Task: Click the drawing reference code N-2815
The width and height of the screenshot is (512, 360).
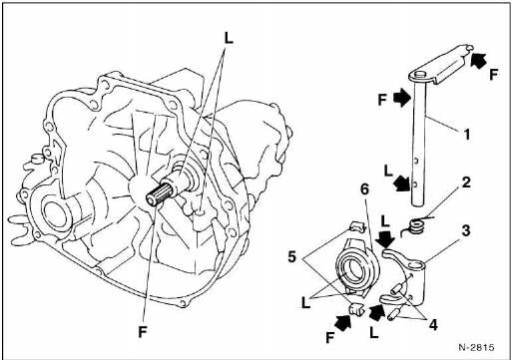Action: [x=476, y=347]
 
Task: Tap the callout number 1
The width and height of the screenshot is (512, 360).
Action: [x=467, y=135]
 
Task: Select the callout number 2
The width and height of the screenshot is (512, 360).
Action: [x=466, y=182]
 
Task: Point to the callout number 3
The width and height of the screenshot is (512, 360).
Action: [x=466, y=231]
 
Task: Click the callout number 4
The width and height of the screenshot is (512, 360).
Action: [x=433, y=325]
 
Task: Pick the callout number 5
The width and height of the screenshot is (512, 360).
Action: [x=291, y=256]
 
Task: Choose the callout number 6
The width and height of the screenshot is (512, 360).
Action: [x=364, y=189]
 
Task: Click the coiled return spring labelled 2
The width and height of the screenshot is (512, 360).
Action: [x=414, y=226]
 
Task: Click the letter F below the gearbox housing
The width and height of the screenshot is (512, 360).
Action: [x=143, y=331]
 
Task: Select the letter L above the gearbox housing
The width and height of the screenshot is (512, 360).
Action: [x=229, y=38]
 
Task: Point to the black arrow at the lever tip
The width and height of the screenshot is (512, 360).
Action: [x=478, y=60]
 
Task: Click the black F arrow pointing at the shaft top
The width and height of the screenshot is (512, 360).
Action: [x=401, y=98]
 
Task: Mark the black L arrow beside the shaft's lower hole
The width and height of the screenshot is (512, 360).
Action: [x=401, y=183]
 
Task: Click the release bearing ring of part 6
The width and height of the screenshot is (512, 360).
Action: [x=357, y=269]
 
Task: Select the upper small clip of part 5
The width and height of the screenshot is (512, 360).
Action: [x=355, y=226]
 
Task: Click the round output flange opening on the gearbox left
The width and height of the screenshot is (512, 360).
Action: [x=56, y=213]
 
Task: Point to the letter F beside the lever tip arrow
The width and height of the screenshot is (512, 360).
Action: [x=493, y=75]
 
